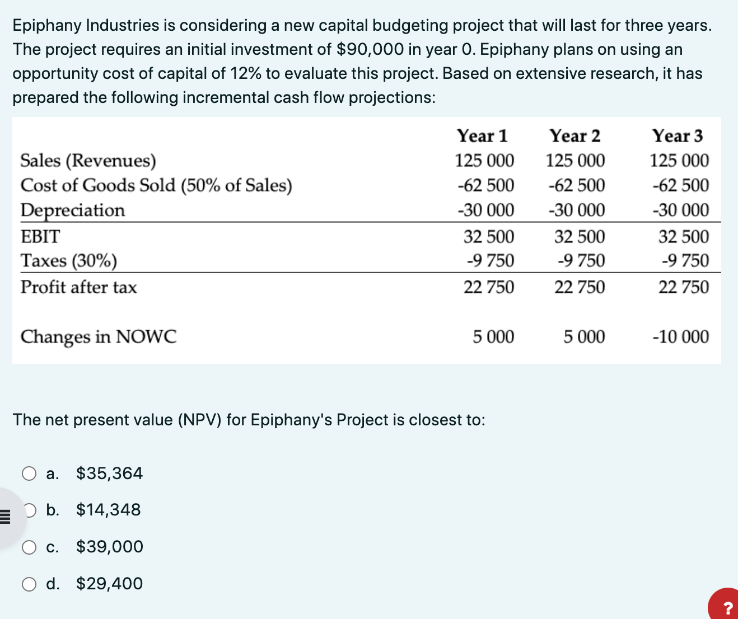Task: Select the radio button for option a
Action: (x=29, y=474)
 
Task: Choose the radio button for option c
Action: (x=29, y=547)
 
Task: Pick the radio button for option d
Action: (x=29, y=584)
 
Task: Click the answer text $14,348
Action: (x=109, y=510)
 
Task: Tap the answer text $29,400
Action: (x=110, y=584)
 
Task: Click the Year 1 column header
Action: (x=482, y=136)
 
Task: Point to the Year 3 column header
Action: (x=677, y=136)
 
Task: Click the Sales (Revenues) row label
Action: (x=88, y=161)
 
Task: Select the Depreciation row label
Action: (x=73, y=210)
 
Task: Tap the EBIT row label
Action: (x=40, y=237)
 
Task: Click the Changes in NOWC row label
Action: (x=99, y=337)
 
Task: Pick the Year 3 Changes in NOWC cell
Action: (x=680, y=337)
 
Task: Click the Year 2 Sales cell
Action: (x=575, y=161)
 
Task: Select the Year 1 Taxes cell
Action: (x=490, y=261)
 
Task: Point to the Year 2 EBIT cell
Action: (x=580, y=237)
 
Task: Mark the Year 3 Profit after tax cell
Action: (x=683, y=287)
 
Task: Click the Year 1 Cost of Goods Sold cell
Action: (x=485, y=185)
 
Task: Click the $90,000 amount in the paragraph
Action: (x=370, y=49)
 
